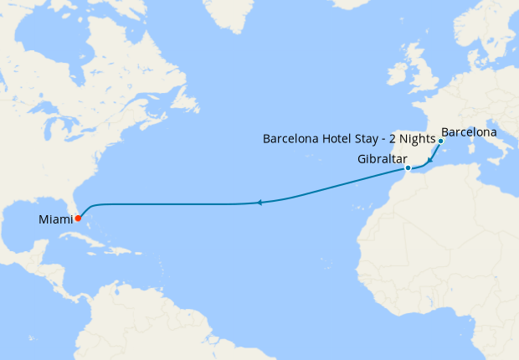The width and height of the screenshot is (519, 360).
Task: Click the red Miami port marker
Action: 78,219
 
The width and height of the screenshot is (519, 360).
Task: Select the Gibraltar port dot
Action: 408,168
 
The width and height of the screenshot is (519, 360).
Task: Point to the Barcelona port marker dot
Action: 440,141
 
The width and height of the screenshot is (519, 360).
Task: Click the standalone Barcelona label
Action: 469,132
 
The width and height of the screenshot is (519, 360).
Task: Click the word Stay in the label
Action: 371,138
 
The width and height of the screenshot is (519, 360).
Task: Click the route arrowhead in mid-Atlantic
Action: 260,203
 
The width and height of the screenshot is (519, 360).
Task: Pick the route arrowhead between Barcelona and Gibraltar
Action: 429,160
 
